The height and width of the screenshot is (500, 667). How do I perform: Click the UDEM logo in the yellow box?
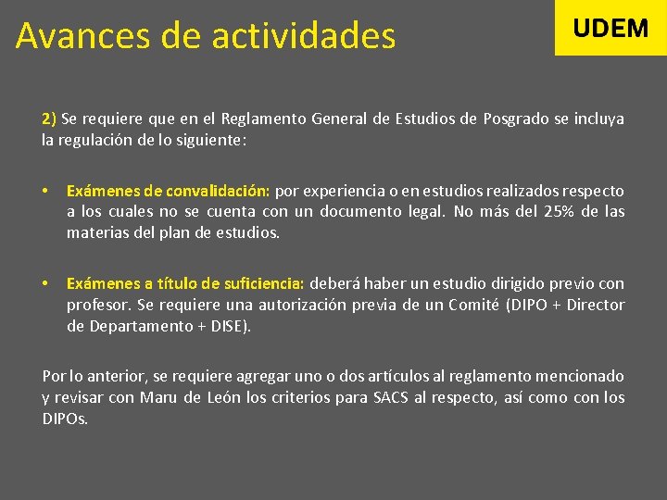(610, 28)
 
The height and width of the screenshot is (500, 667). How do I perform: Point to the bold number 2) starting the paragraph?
(49, 119)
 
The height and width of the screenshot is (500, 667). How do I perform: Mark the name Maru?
(159, 398)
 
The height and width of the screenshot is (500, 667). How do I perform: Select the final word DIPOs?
(65, 419)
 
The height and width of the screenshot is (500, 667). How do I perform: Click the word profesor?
(96, 305)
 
